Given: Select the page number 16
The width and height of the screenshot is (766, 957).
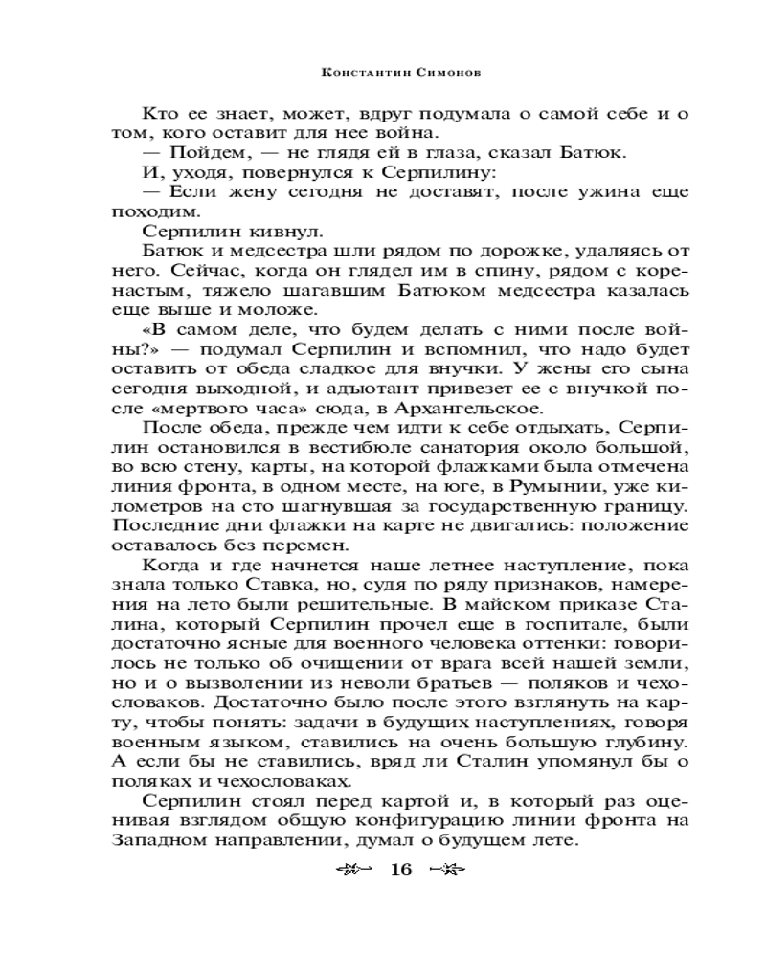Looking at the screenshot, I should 400,870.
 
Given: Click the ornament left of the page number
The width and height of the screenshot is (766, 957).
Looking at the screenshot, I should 353,870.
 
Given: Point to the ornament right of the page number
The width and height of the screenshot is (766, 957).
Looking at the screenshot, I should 447,870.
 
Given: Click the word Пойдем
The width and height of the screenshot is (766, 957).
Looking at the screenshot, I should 203,153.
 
